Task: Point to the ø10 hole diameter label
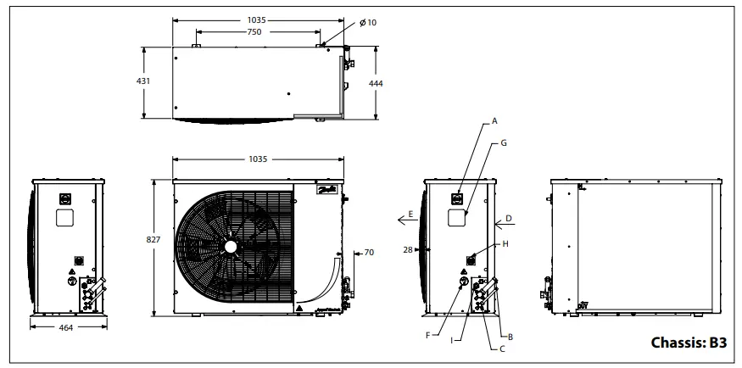[x=367, y=22]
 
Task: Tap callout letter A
[x=494, y=121]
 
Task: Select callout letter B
[x=510, y=337]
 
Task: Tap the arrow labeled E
[x=404, y=219]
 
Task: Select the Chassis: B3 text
[x=689, y=343]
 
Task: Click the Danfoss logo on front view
[x=325, y=191]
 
